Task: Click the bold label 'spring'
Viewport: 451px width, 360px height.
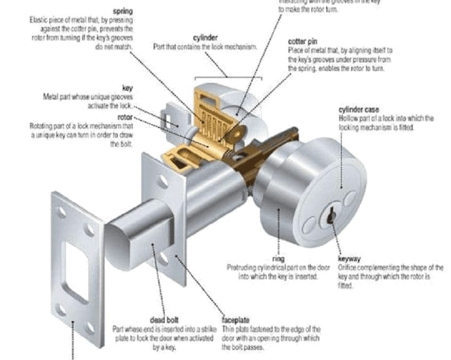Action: click(123, 11)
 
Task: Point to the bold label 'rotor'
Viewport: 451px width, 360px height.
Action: click(125, 117)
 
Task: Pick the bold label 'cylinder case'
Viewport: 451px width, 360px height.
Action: click(359, 110)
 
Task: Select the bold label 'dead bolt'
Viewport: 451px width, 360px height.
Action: click(165, 320)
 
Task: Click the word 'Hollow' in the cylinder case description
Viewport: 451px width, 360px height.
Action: click(347, 118)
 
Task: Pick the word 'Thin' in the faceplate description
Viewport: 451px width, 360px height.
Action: click(228, 330)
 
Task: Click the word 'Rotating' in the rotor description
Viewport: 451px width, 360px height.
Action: click(40, 126)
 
